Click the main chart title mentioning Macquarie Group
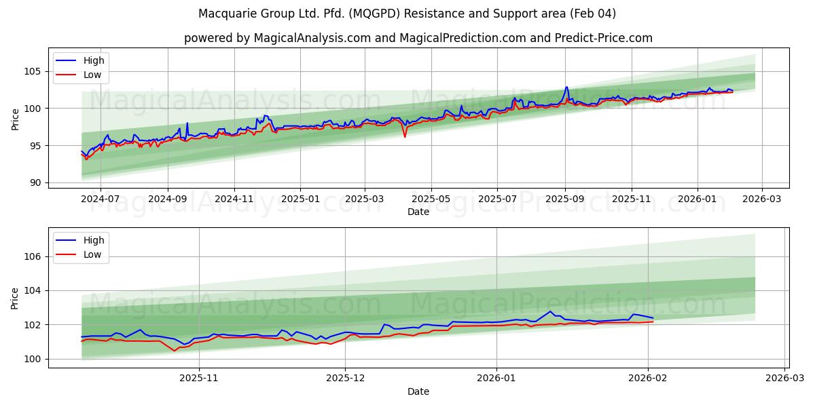click(x=407, y=14)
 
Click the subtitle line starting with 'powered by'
click(x=418, y=38)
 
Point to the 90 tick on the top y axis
click(x=36, y=182)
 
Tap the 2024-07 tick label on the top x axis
click(x=101, y=199)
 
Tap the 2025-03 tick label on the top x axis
click(x=365, y=199)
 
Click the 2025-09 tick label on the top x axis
click(x=565, y=199)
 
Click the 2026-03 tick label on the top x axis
click(x=761, y=199)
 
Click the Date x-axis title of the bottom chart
click(x=418, y=391)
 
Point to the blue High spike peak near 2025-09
click(x=566, y=87)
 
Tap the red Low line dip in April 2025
click(x=405, y=137)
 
